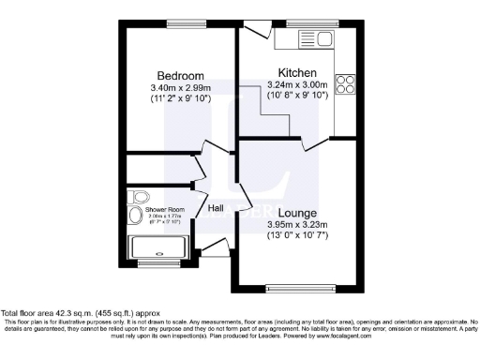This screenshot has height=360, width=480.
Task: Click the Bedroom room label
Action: click(180, 76)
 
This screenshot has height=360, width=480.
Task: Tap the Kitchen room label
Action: click(297, 73)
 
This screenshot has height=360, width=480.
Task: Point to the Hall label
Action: click(216, 208)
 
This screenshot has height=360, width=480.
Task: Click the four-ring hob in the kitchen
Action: click(344, 85)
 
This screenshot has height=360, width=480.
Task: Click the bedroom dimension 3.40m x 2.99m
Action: click(180, 88)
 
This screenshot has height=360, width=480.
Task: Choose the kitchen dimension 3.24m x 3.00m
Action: click(297, 85)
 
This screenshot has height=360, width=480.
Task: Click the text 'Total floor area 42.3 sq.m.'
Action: click(58, 312)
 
